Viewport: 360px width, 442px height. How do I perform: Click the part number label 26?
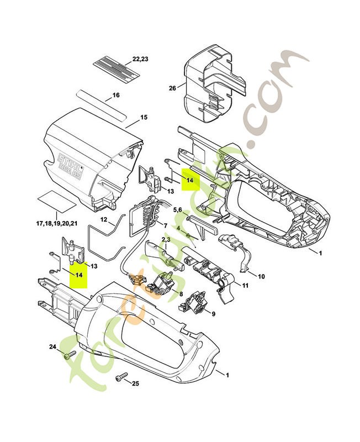172,88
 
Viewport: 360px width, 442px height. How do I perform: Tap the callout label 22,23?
140,59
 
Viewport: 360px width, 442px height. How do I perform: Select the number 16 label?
116,95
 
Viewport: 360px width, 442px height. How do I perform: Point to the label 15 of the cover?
144,118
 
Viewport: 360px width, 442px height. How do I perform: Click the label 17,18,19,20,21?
57,223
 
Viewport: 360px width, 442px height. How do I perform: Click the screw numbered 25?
120,377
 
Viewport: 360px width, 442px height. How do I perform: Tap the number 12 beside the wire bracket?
103,220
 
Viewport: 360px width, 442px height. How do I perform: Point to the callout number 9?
213,314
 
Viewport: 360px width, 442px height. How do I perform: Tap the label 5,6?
178,210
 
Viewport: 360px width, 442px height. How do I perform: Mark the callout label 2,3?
165,239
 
